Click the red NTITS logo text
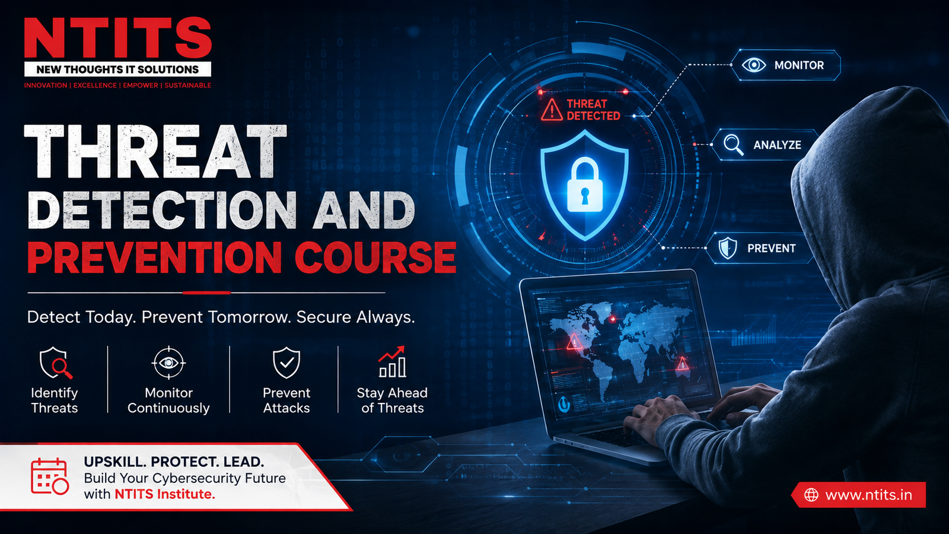click(118, 38)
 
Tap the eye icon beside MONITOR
click(754, 65)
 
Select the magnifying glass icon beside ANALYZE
click(733, 145)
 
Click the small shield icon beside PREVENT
click(727, 248)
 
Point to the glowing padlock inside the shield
click(585, 185)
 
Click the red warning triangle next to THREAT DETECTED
click(552, 110)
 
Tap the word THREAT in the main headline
click(155, 151)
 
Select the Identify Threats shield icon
click(56, 363)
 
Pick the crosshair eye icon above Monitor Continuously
click(168, 363)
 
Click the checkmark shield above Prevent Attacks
click(286, 363)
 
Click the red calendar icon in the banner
click(50, 476)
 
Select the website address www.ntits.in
click(868, 495)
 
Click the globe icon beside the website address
click(811, 495)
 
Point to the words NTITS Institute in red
click(165, 494)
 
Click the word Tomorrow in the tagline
click(247, 317)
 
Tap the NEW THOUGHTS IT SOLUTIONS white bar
click(118, 69)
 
